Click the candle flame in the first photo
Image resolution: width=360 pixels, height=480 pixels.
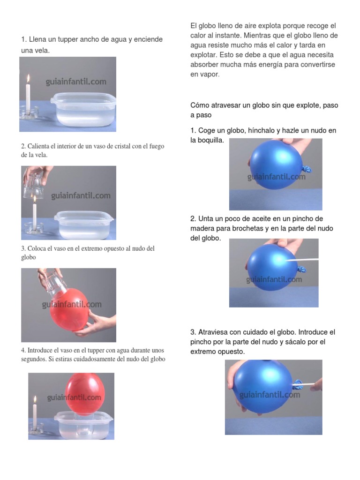click(28, 79)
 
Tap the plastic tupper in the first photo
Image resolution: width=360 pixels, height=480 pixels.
click(83, 109)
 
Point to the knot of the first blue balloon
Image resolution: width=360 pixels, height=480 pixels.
click(307, 169)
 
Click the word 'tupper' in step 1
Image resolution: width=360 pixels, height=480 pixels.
click(67, 39)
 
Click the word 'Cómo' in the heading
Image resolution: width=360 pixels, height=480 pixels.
click(200, 105)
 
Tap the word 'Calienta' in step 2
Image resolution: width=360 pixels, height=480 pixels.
click(39, 146)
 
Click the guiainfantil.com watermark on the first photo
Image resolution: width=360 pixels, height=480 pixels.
click(76, 82)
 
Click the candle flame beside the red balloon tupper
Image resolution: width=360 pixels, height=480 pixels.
click(35, 399)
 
